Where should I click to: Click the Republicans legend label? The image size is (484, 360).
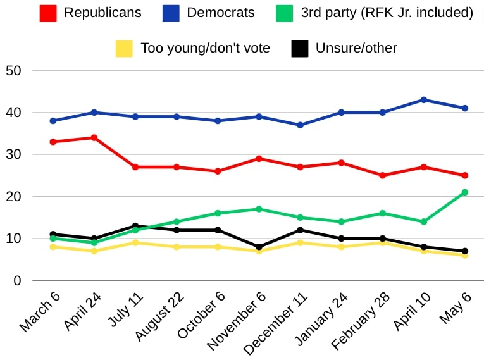pyautogui.click(x=102, y=13)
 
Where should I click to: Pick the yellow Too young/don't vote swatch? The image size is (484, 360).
pyautogui.click(x=124, y=48)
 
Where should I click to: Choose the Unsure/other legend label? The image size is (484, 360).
pyautogui.click(x=356, y=48)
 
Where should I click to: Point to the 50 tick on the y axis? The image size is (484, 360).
pyautogui.click(x=13, y=70)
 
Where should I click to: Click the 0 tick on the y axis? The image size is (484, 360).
pyautogui.click(x=18, y=280)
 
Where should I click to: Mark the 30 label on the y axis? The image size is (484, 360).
pyautogui.click(x=13, y=154)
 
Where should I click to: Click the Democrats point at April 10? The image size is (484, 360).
pyautogui.click(x=423, y=100)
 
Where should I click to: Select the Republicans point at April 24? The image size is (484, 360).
pyautogui.click(x=94, y=137)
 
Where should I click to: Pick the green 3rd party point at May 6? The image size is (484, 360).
pyautogui.click(x=464, y=192)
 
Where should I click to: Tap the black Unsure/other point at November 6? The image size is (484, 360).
pyautogui.click(x=259, y=247)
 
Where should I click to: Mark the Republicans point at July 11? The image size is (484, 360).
pyautogui.click(x=135, y=167)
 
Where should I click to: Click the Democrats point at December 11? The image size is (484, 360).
pyautogui.click(x=300, y=125)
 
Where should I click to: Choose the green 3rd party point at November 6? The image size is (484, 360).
pyautogui.click(x=259, y=209)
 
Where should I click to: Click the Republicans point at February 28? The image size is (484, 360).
pyautogui.click(x=382, y=175)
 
